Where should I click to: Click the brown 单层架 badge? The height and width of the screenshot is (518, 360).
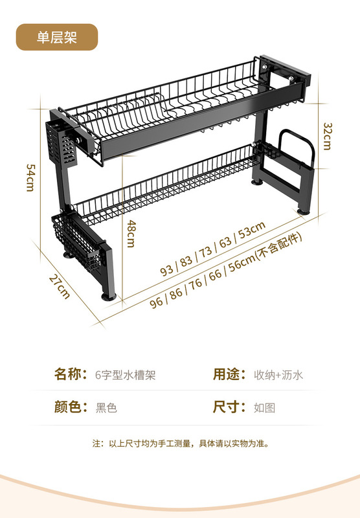pyautogui.click(x=57, y=37)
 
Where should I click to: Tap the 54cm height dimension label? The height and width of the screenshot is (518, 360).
pyautogui.click(x=30, y=177)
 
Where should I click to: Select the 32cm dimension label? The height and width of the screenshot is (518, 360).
pyautogui.click(x=327, y=136)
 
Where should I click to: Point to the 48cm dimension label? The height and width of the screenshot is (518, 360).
pyautogui.click(x=131, y=234)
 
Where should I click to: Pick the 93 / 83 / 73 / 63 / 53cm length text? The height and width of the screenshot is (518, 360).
pyautogui.click(x=213, y=249)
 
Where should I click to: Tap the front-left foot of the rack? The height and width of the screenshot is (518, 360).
pyautogui.click(x=109, y=296)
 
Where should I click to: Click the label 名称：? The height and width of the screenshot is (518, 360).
pyautogui.click(x=71, y=374)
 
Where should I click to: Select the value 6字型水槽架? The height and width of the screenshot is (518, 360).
pyautogui.click(x=125, y=375)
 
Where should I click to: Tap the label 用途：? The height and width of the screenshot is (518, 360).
pyautogui.click(x=230, y=374)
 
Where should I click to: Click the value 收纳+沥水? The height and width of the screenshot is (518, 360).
pyautogui.click(x=278, y=375)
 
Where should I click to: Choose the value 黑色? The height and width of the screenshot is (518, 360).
pyautogui.click(x=106, y=408)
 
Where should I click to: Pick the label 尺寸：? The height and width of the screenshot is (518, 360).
pyautogui.click(x=230, y=407)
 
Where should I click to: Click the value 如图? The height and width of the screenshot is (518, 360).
pyautogui.click(x=265, y=408)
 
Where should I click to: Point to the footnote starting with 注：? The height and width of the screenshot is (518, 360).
pyautogui.click(x=181, y=444)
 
